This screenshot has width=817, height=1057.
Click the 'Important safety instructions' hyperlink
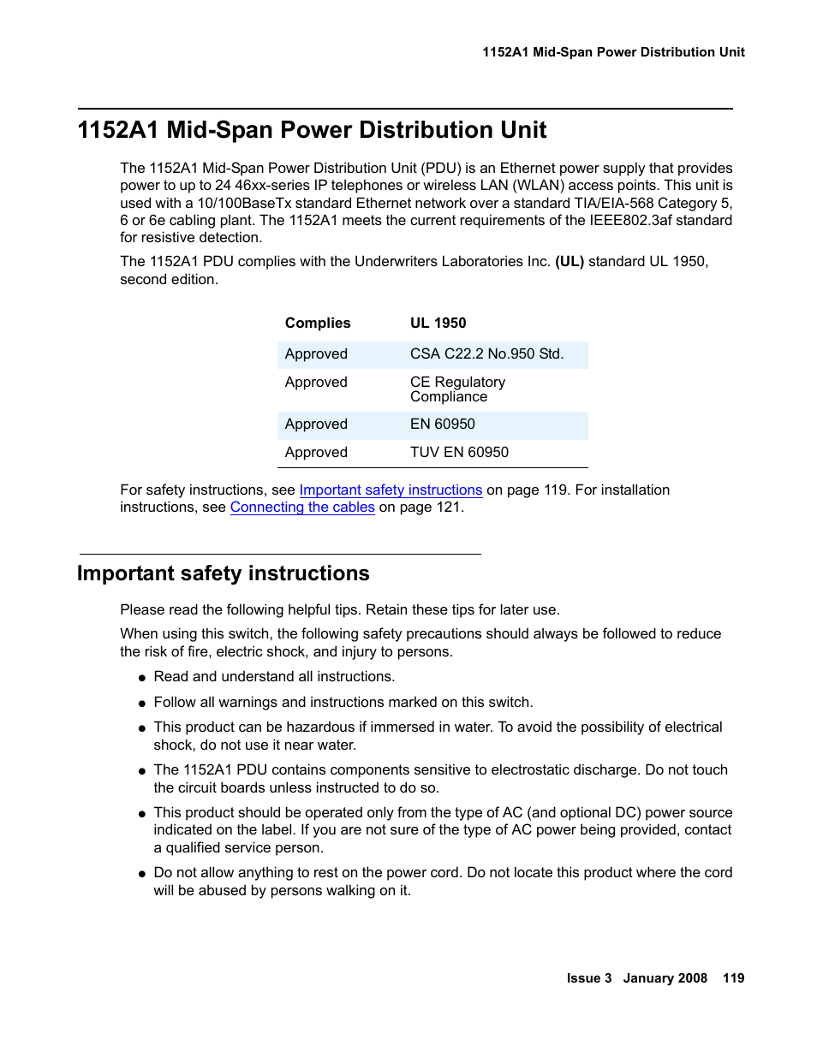coord(391,490)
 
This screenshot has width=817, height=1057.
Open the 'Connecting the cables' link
coord(302,507)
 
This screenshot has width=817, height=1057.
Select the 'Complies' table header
coord(318,323)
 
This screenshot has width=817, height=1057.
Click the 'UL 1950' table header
coord(438,323)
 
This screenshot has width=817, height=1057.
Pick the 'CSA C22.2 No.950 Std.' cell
coord(486,353)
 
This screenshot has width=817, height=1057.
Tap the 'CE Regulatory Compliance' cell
coord(457,389)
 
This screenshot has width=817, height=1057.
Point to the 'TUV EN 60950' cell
coord(459,452)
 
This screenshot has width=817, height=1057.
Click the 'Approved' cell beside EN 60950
coord(316,424)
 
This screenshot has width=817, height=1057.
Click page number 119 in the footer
coord(733,978)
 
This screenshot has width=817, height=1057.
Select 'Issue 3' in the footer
coord(589,978)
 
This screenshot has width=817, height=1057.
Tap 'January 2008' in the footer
coord(665,978)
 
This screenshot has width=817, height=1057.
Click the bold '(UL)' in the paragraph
coord(570,261)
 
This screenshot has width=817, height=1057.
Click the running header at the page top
coord(613,52)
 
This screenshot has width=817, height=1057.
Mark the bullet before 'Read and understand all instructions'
coord(142,678)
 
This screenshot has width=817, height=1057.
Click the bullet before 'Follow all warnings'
coord(142,704)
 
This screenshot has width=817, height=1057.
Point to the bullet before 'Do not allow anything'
coord(142,874)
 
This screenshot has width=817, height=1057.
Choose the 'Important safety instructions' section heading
coord(224,573)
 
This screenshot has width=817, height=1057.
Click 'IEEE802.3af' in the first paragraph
coord(629,220)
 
